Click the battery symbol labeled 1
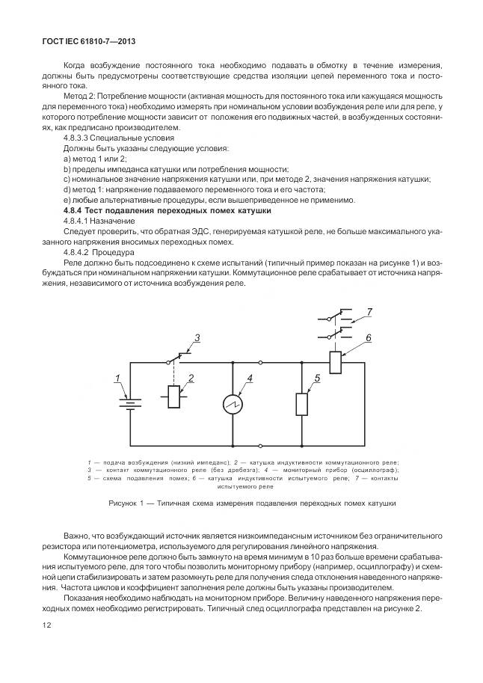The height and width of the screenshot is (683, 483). click(130, 404)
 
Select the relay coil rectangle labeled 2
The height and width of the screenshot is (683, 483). click(174, 397)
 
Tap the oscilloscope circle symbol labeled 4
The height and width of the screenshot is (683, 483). click(233, 405)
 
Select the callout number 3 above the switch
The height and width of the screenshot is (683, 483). click(197, 338)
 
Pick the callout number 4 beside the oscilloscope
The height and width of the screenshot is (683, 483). click(251, 379)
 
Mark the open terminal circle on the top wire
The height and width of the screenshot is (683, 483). click(260, 363)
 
